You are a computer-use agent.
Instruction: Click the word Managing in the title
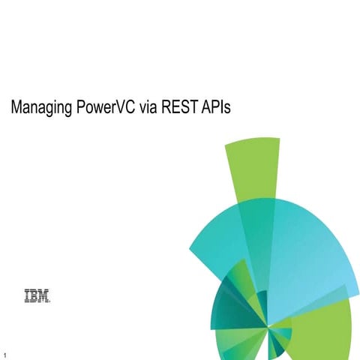[41, 109]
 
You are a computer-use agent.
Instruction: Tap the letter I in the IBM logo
[28, 298]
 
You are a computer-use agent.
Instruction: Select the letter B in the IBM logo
[35, 298]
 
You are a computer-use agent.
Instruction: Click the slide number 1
[5, 353]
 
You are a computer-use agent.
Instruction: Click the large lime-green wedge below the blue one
[322, 330]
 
